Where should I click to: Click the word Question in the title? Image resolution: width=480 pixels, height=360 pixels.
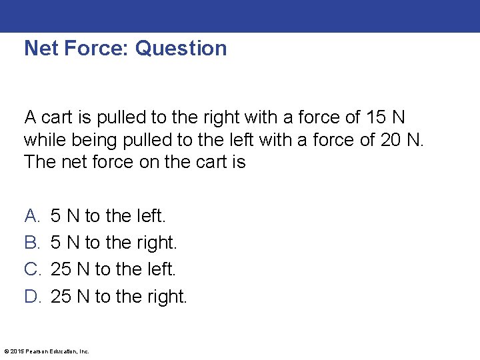coord(181,49)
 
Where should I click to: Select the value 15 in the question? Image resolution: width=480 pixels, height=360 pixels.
coord(375,118)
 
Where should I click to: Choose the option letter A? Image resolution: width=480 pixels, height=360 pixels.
coord(32,216)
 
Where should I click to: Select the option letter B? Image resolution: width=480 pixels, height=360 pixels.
coord(32,243)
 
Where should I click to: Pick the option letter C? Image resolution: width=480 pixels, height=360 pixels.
coord(33,269)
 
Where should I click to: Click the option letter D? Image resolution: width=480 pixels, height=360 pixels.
coord(33,296)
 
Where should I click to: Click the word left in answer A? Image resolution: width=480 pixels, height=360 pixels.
coord(149,216)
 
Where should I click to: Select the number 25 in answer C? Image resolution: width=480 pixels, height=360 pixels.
coord(61,269)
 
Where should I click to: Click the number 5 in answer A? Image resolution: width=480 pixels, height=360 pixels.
coord(56,216)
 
